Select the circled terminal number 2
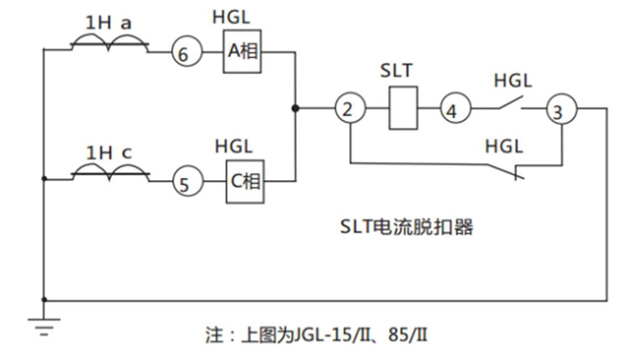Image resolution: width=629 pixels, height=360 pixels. tap(348, 108)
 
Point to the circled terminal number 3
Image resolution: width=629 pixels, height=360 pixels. tap(559, 109)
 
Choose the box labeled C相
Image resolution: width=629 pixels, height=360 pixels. tap(244, 180)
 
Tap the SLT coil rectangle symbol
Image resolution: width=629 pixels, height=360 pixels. tap(403, 109)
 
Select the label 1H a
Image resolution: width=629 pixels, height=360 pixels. tap(109, 23)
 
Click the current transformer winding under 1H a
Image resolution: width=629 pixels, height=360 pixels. tap(109, 44)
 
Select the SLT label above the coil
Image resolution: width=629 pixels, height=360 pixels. tap(399, 70)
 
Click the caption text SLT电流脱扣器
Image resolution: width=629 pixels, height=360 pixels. tap(406, 227)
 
